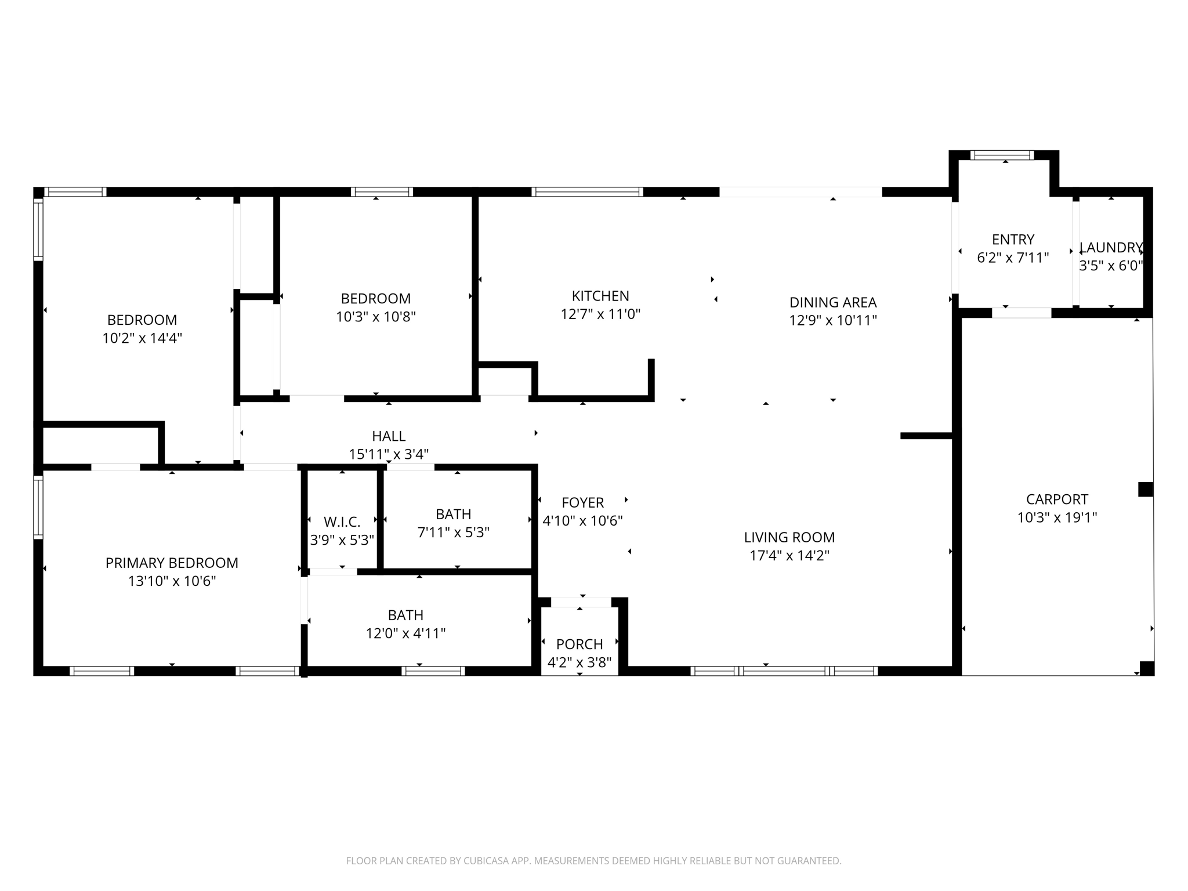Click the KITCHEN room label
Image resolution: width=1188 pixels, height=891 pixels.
point(600,296)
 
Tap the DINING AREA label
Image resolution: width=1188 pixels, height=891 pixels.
point(833,302)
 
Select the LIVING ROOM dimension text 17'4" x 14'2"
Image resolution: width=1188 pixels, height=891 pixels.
point(789,556)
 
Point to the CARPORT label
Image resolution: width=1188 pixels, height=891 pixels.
point(1057,499)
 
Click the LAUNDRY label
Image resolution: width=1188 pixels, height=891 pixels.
point(1111,248)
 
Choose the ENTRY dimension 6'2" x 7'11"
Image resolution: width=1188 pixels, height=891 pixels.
point(1013,258)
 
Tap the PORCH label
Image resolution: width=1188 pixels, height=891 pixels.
point(579,644)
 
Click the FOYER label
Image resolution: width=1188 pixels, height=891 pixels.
point(583,503)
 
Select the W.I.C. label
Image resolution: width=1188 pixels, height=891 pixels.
point(342,522)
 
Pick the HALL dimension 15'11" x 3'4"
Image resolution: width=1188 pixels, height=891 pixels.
point(389,454)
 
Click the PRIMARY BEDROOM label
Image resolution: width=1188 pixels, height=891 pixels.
point(172,563)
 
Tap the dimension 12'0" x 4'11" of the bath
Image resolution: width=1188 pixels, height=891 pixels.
point(405,633)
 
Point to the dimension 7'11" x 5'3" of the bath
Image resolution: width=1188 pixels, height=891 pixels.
point(454,533)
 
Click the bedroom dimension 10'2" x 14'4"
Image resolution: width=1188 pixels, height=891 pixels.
point(142,338)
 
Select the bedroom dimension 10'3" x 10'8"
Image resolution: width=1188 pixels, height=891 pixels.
point(376,317)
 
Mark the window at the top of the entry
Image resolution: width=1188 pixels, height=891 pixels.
point(1002,155)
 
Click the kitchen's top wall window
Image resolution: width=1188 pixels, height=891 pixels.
point(588,192)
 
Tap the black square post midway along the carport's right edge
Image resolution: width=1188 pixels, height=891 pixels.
point(1145,490)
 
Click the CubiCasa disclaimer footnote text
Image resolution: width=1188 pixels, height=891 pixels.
point(593,861)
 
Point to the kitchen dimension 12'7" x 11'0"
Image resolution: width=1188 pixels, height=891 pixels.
point(600,314)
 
